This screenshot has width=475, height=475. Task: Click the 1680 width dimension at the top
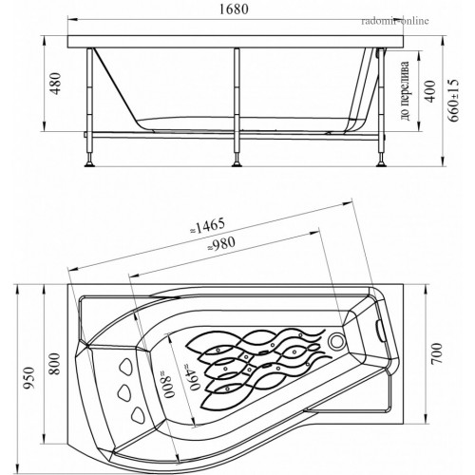[x=234, y=9]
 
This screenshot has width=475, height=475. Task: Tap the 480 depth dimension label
[x=56, y=84]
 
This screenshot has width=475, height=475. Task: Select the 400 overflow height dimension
[x=429, y=91]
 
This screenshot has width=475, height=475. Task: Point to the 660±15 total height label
[x=453, y=100]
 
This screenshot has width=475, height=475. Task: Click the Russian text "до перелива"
[x=405, y=91]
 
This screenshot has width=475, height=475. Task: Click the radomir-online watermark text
[x=395, y=21]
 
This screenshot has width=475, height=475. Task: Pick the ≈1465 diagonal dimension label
[x=208, y=226]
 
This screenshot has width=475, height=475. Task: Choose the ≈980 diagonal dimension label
[x=221, y=244]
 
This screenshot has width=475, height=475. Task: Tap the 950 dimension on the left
[x=29, y=378]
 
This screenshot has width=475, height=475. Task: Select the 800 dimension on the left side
[x=55, y=364]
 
